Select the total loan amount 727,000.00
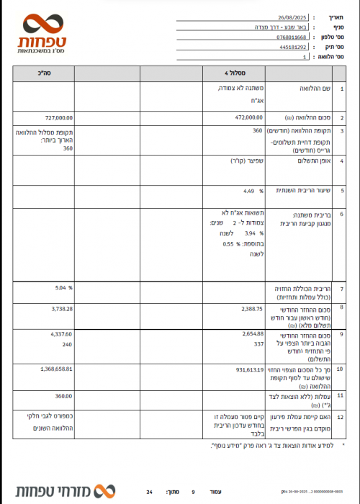pyautogui.click(x=58, y=116)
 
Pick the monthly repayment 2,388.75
pyautogui.click(x=250, y=307)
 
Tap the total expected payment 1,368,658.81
pyautogui.click(x=53, y=369)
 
